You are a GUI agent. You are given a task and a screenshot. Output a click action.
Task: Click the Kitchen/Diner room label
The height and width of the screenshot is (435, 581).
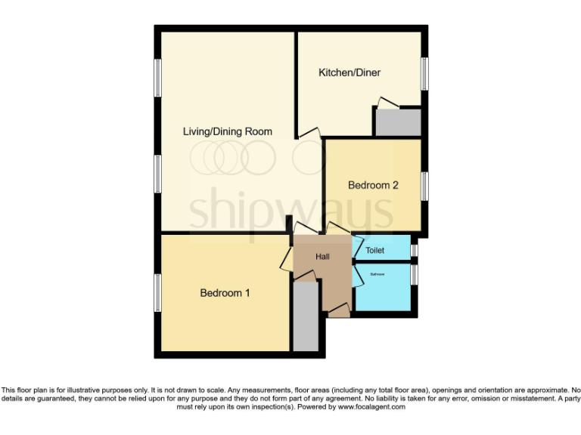(349, 72)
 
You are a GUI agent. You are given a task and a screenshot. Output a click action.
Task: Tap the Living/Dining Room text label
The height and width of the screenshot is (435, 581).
(227, 131)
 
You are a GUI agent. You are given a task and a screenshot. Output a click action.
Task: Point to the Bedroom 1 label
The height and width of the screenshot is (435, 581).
(225, 293)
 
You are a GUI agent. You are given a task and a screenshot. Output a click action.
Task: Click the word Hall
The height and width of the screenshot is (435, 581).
(322, 257)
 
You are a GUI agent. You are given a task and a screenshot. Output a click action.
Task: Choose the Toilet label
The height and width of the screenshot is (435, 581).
(374, 250)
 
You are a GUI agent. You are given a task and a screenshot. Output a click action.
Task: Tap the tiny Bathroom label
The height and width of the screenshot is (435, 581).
(376, 274)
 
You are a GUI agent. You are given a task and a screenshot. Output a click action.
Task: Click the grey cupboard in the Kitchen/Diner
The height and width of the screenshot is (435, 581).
(399, 122)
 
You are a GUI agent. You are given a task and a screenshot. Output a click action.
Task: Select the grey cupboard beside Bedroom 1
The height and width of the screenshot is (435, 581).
(306, 317)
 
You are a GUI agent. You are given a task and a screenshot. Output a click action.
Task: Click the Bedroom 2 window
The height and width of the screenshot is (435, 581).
(424, 186)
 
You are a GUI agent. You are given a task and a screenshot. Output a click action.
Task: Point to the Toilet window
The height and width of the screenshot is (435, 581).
(414, 249)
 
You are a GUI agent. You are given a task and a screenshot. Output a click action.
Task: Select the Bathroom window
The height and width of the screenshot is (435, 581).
(414, 273)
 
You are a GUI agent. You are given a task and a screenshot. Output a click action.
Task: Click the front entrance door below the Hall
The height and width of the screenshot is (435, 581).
(339, 309)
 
